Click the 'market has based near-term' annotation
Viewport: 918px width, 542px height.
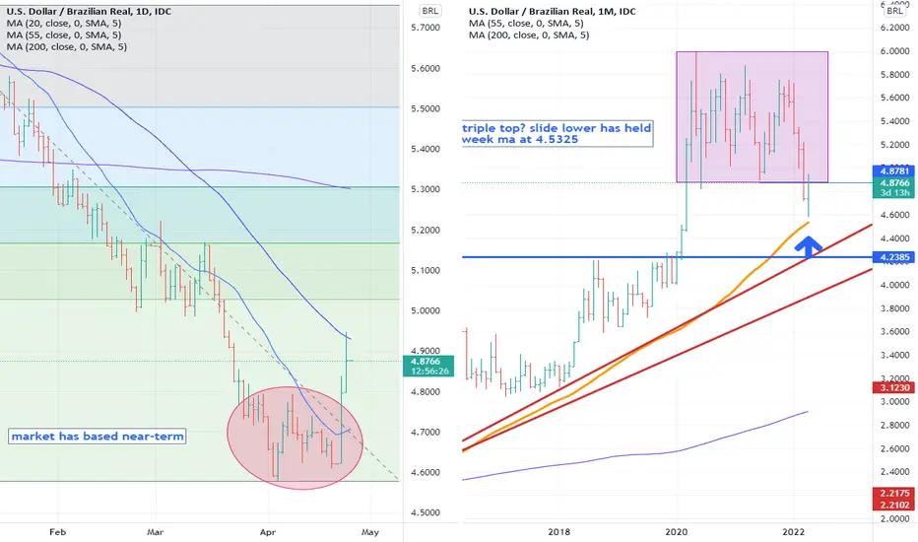coord(98,436)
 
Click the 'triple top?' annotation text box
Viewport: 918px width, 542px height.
coord(557,134)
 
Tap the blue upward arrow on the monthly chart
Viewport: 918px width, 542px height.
coord(808,246)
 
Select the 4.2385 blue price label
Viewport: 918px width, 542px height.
coord(894,257)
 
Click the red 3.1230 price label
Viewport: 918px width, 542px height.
coord(894,387)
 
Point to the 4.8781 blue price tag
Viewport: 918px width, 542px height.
coord(894,171)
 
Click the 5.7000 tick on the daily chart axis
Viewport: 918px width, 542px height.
coord(426,28)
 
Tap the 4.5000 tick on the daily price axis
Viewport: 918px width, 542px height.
coord(426,512)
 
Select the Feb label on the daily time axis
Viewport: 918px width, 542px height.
coord(57,532)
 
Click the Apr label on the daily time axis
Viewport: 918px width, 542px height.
coord(268,532)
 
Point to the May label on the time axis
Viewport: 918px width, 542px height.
coord(370,532)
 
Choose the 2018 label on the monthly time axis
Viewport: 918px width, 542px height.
coord(559,532)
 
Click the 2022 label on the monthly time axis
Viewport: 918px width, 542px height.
coord(794,532)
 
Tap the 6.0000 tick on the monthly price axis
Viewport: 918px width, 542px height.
coord(894,51)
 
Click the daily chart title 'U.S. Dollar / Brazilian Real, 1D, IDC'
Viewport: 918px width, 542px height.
coord(89,11)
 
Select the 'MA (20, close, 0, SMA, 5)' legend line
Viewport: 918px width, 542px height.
coord(64,24)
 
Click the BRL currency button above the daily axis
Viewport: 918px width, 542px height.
coord(430,11)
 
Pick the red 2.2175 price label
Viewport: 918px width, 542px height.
coord(894,494)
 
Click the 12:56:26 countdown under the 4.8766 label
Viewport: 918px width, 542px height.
coord(429,372)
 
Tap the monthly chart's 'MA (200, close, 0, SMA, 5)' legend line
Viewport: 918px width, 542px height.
coord(529,35)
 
